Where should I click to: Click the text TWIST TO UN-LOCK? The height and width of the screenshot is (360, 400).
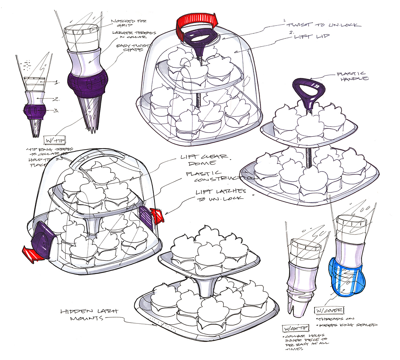pos(323,25)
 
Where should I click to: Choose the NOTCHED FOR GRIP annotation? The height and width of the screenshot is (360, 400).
pos(129,23)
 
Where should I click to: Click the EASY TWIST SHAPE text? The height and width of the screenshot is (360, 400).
pos(133,48)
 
